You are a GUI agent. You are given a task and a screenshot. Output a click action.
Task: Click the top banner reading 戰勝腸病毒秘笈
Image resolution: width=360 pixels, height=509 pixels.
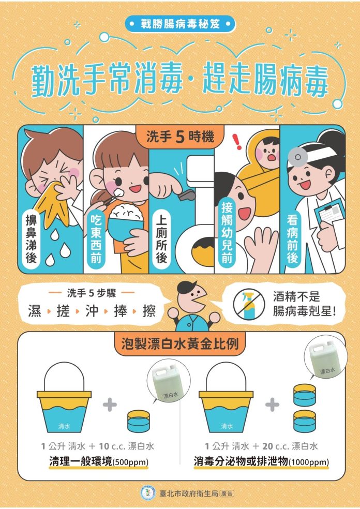(180, 24)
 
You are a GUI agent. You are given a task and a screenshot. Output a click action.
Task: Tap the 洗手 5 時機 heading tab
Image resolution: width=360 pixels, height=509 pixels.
(180, 137)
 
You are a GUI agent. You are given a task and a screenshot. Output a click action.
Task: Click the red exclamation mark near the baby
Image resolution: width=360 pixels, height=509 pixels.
(237, 142)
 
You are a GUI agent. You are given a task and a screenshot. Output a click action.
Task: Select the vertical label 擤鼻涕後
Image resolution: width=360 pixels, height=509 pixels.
(31, 240)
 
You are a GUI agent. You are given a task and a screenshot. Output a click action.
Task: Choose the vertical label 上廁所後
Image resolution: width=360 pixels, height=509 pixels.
(161, 239)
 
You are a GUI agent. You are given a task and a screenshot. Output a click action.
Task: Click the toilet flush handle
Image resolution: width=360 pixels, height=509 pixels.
(187, 194)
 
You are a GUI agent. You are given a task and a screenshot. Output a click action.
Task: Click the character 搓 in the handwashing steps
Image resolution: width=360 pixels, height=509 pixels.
(63, 311)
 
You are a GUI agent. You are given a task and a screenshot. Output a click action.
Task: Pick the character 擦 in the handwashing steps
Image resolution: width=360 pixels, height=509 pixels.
(149, 311)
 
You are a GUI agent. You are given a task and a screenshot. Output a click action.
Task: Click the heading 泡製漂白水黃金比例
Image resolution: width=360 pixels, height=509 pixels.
(180, 344)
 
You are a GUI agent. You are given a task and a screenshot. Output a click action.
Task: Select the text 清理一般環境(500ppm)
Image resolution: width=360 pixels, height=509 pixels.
(99, 461)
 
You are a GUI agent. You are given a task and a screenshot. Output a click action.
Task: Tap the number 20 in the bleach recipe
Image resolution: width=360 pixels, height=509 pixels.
(267, 446)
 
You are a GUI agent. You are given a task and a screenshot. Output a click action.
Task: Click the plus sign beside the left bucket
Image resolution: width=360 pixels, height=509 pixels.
(110, 405)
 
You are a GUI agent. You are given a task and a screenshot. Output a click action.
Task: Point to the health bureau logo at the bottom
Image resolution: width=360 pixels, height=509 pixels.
(148, 493)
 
